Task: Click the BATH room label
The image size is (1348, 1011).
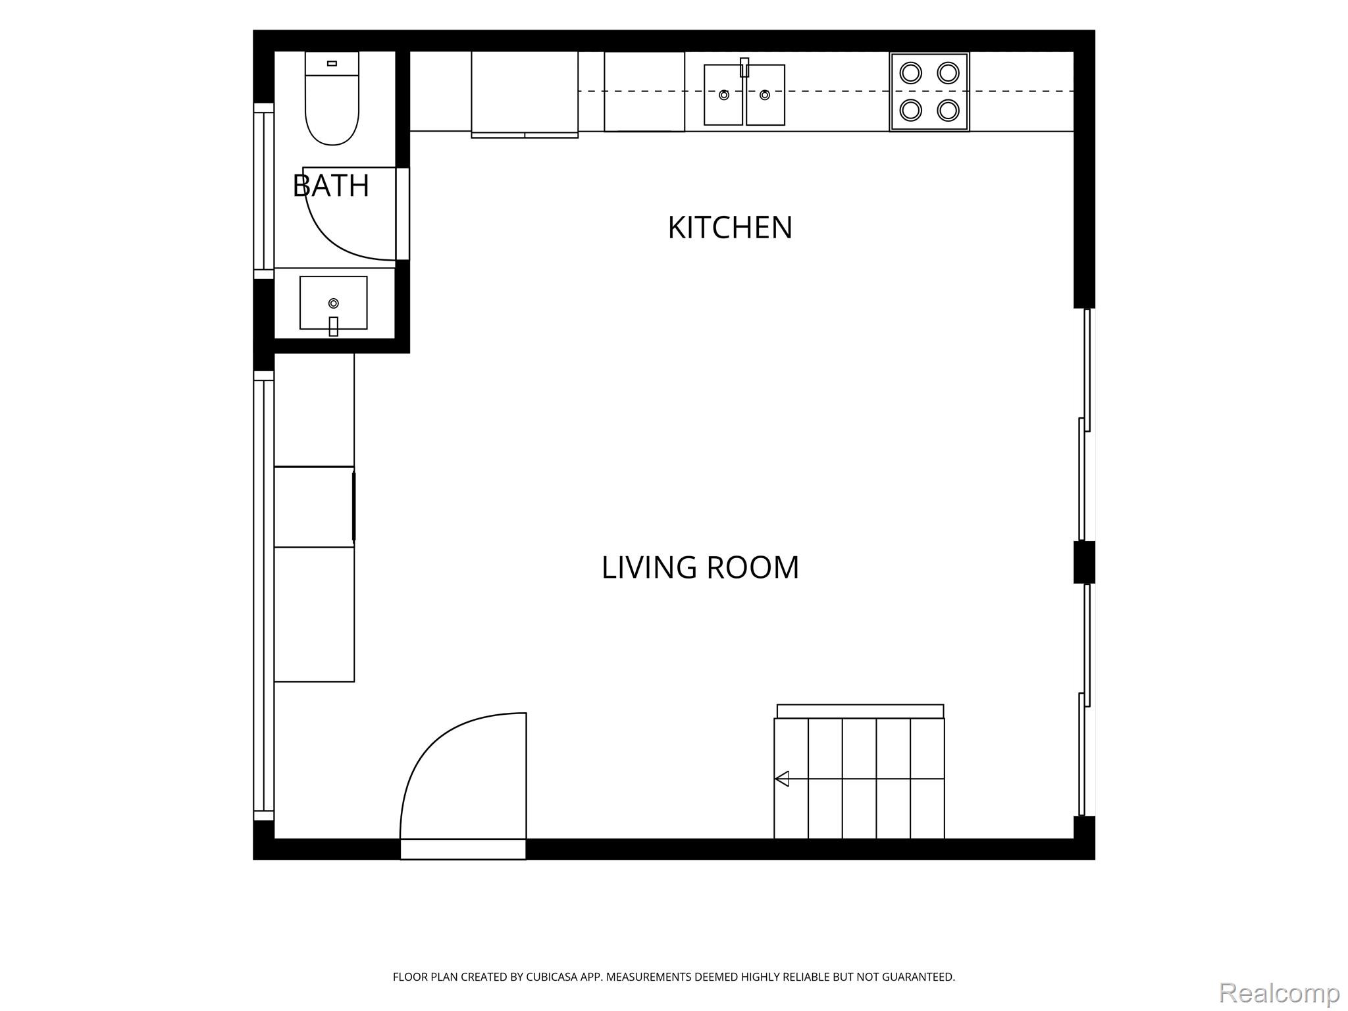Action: point(331,186)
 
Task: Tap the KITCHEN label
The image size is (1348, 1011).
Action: point(730,228)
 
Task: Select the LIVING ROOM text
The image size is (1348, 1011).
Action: point(700,567)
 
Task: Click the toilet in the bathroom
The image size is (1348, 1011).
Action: point(332,98)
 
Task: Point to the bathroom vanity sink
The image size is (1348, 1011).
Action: point(334,303)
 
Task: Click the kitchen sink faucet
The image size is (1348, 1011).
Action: point(744,67)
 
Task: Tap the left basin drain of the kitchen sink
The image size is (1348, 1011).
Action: point(724,95)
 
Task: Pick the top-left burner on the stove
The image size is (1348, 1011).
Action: point(911,72)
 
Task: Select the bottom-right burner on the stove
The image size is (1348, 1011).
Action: point(948,110)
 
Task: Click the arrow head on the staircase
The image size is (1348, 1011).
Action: point(782,779)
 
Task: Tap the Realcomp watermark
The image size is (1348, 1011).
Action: point(1280,993)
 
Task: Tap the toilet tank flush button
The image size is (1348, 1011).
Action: point(332,63)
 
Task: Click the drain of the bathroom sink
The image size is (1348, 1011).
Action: point(334,303)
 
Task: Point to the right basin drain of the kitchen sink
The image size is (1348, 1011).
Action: point(765,95)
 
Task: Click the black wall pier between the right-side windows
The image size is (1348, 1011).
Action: point(1084,562)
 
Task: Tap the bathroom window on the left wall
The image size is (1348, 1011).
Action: point(264,191)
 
